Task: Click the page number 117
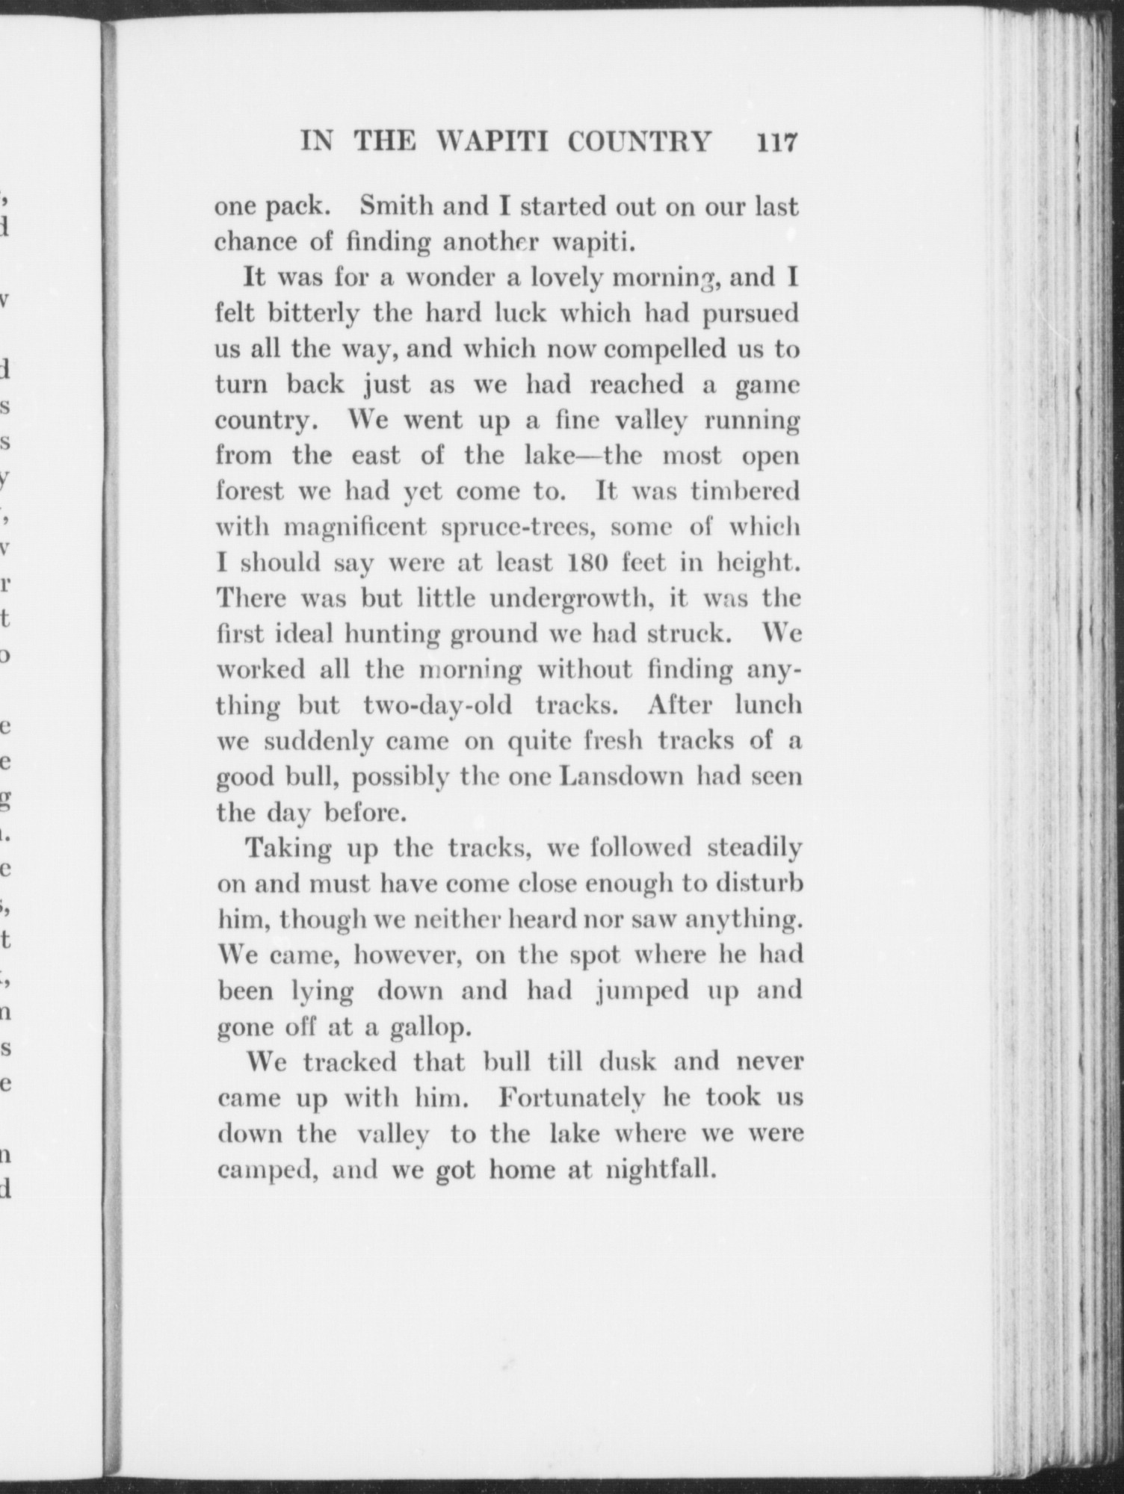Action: pos(777,141)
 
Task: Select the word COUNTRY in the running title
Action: pos(640,141)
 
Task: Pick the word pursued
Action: pos(750,314)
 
